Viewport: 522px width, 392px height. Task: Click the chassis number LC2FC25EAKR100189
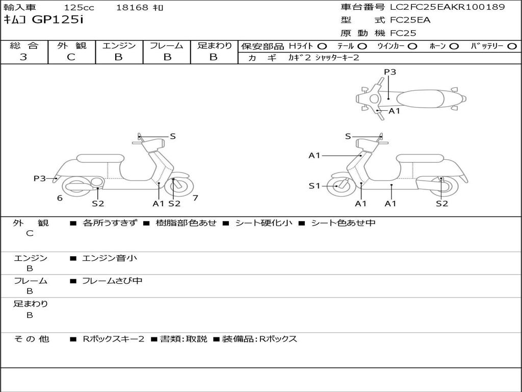point(447,7)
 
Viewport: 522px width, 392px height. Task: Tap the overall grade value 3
point(23,57)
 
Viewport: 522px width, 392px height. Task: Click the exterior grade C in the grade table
point(71,57)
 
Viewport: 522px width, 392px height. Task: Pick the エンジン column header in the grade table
point(119,45)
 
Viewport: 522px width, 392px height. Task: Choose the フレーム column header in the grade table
point(166,45)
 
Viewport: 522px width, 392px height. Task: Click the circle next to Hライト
point(322,46)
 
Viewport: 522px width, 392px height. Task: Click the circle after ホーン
point(454,46)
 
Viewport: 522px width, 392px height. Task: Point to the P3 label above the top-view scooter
point(390,72)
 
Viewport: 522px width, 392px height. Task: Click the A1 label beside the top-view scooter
point(395,111)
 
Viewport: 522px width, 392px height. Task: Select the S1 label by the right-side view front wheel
point(315,186)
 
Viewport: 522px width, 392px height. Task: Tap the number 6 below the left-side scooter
point(60,198)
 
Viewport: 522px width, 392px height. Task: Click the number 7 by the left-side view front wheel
point(195,198)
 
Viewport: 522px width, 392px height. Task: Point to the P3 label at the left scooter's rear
point(40,178)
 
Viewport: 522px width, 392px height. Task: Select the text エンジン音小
point(110,258)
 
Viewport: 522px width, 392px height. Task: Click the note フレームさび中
point(112,281)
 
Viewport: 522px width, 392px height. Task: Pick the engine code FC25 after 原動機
point(403,33)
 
